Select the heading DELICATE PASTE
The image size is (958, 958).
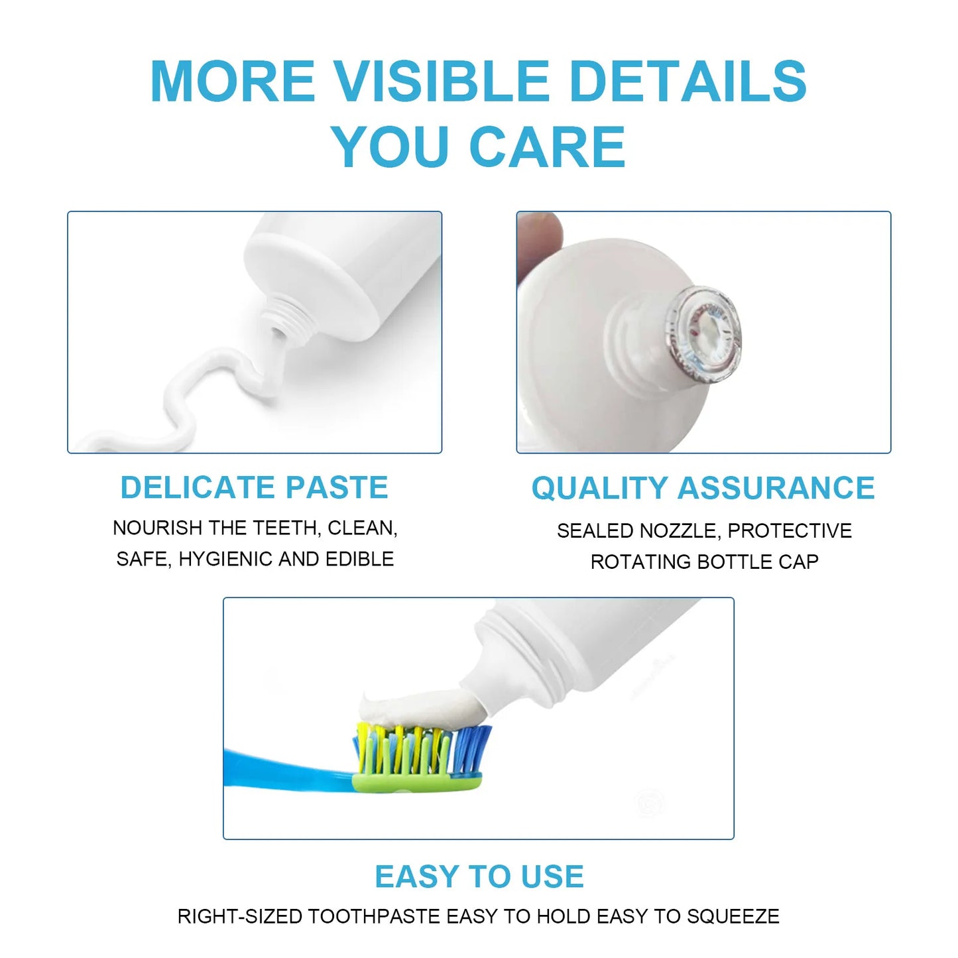click(x=254, y=488)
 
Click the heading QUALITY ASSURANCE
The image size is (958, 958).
click(x=703, y=489)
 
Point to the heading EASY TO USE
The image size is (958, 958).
click(x=479, y=876)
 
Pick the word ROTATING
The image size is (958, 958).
click(x=641, y=562)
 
